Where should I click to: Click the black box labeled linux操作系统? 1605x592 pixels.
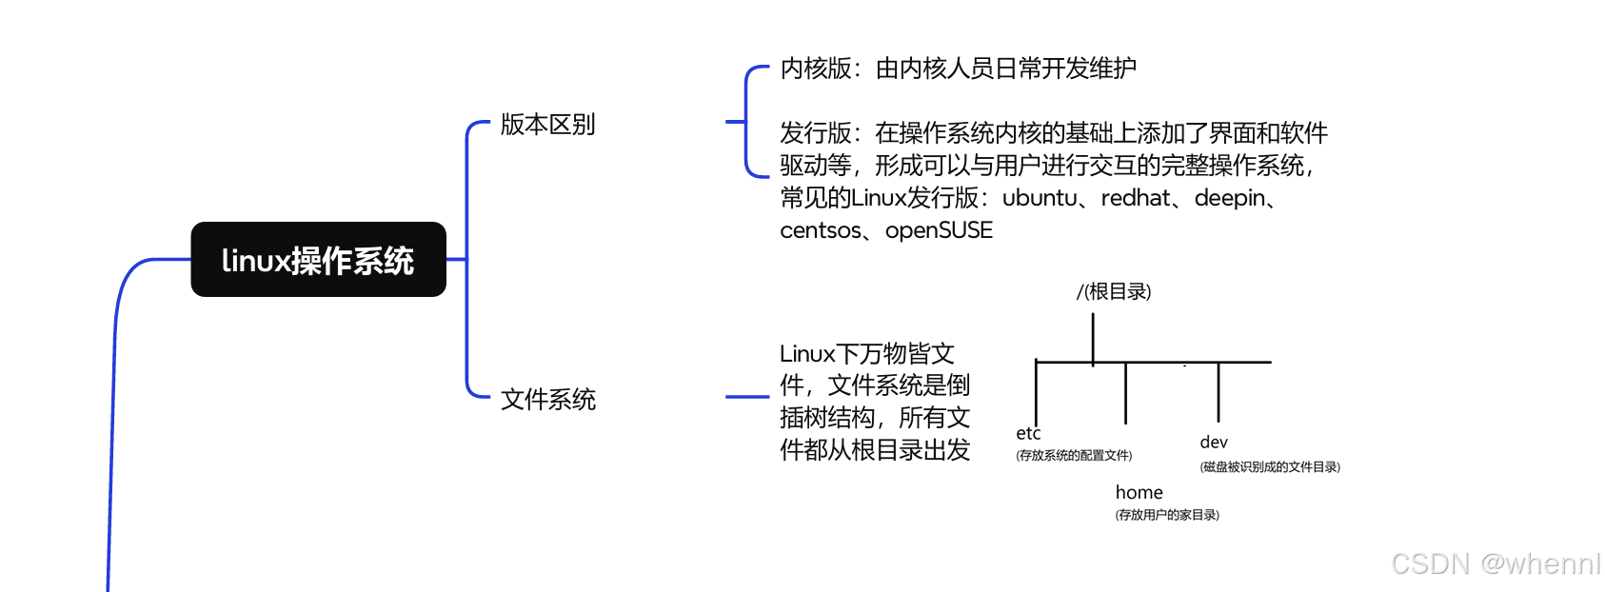pos(318,260)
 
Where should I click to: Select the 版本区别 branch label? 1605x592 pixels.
pos(547,125)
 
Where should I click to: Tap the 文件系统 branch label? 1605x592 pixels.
pos(547,400)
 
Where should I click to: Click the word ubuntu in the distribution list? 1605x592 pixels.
pos(1040,198)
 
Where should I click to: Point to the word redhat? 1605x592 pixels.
pos(1136,198)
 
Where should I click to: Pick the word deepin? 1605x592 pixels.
pos(1230,198)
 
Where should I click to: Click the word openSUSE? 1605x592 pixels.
pos(939,230)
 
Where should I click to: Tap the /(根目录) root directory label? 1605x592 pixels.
pos(1114,291)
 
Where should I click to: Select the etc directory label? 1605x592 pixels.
pos(1028,434)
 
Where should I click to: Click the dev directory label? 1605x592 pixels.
pos(1214,443)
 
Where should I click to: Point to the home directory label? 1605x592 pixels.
pos(1139,493)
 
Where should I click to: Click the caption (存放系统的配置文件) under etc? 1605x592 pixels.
pos(1074,456)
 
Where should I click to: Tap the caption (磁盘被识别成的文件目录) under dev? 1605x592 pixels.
pos(1270,467)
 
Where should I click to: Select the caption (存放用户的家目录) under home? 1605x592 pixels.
pos(1167,515)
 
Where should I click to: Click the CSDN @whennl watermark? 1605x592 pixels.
pos(1496,563)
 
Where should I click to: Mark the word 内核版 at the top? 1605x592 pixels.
pos(816,69)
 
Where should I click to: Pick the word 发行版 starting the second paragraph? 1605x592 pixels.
pos(816,133)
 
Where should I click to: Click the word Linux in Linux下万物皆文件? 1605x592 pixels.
pos(806,354)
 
